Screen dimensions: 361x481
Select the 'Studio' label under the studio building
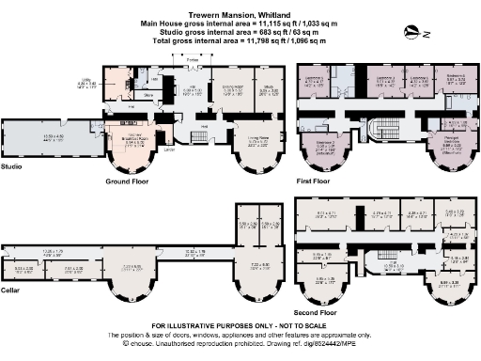point(13,167)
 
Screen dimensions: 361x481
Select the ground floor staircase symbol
point(199,137)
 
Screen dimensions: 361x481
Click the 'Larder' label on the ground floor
point(169,149)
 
